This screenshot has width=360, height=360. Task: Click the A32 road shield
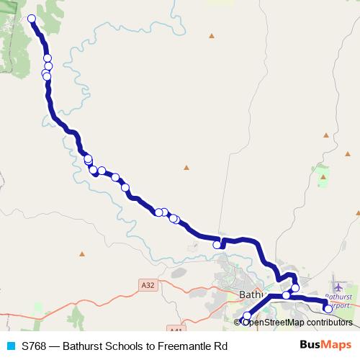pyautogui.click(x=148, y=285)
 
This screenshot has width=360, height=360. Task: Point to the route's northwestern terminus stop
pyautogui.click(x=32, y=19)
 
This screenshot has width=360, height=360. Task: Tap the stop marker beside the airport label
pyautogui.click(x=328, y=309)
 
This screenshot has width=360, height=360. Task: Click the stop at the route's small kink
pyautogui.click(x=217, y=245)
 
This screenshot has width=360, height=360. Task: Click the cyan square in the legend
pyautogui.click(x=10, y=346)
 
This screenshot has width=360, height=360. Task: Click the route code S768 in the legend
pyautogui.click(x=34, y=346)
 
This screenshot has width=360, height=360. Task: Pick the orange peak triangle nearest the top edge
pyautogui.click(x=211, y=35)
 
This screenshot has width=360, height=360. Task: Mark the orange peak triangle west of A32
pyautogui.click(x=82, y=253)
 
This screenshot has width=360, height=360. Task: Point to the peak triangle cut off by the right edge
pyautogui.click(x=358, y=212)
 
